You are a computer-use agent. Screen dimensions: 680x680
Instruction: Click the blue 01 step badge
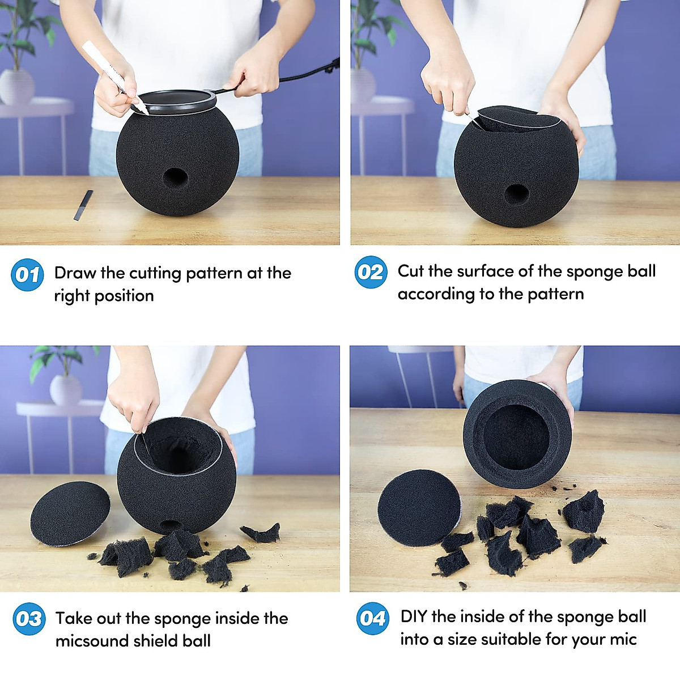tap(27, 275)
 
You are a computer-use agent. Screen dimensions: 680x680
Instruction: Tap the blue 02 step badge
tap(371, 273)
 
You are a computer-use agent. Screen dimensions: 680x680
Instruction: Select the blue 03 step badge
tap(29, 619)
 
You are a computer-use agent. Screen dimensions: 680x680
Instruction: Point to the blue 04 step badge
tap(373, 618)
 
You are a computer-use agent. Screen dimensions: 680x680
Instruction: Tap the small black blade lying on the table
tap(83, 205)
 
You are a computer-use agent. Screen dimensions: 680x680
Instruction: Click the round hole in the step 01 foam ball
tap(175, 178)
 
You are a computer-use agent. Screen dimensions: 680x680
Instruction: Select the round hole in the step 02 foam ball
tap(516, 194)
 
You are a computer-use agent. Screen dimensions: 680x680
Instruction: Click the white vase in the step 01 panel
tap(16, 86)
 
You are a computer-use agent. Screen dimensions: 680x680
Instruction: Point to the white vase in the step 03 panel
tap(66, 390)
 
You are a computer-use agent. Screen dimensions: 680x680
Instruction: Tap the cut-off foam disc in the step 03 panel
tap(70, 513)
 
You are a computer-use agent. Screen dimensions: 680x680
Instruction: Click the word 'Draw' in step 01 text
tap(75, 273)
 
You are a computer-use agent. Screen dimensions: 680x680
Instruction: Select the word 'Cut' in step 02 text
tap(410, 271)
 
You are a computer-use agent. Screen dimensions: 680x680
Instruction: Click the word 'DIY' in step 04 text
tap(414, 617)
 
